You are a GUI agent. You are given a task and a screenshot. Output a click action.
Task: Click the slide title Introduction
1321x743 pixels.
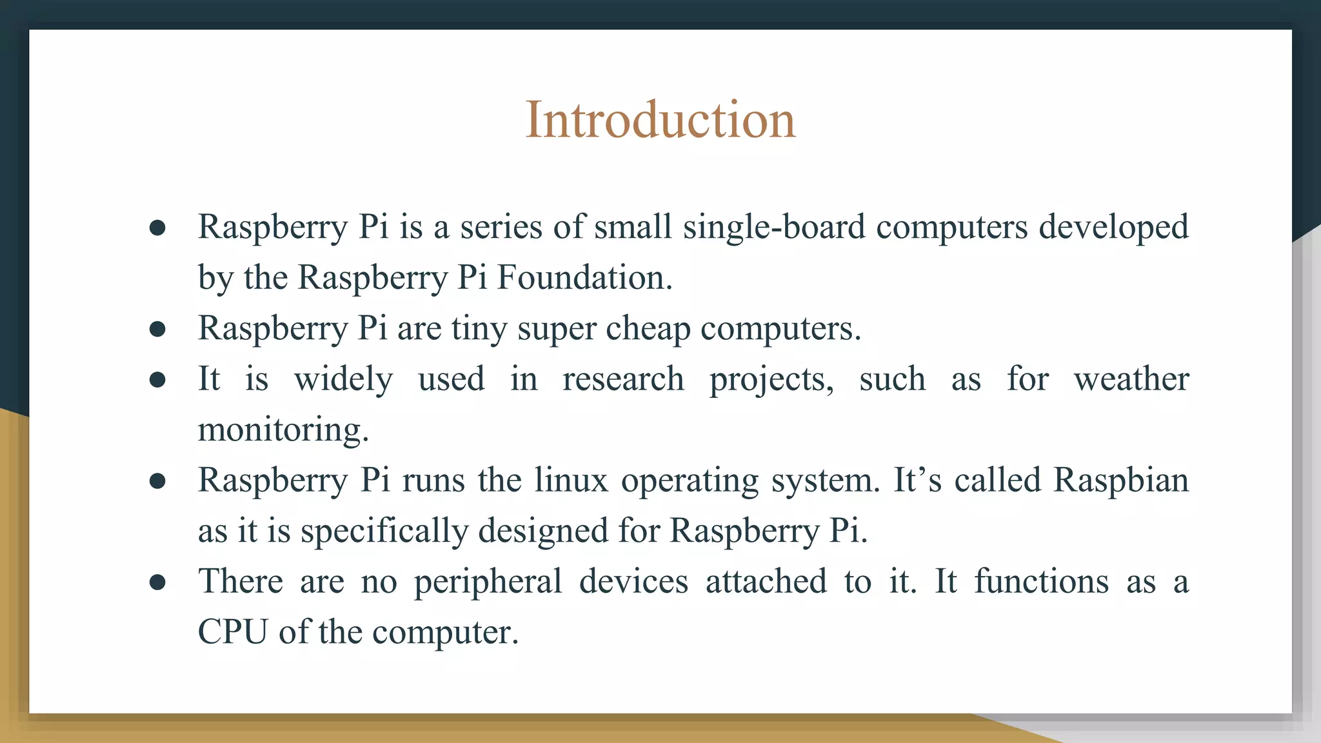point(660,120)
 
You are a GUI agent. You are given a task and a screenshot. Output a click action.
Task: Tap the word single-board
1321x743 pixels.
point(774,227)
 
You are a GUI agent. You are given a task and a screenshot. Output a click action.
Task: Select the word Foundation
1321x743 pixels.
point(584,278)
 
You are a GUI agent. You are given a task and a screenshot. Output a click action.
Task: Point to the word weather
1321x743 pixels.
point(1131,379)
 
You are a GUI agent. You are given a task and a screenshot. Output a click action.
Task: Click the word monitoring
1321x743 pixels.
point(283,430)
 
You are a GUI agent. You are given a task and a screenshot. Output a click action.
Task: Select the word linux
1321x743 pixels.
point(571,480)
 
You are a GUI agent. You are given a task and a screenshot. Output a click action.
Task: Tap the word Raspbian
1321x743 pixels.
point(1120,480)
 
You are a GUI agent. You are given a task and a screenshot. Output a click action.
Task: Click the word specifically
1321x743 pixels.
point(384,531)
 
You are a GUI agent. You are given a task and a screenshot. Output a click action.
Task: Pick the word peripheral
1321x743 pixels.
point(488,581)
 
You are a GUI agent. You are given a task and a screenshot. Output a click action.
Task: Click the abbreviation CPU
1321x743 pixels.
point(232,631)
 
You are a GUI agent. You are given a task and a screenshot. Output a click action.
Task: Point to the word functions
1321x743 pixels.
point(1041,581)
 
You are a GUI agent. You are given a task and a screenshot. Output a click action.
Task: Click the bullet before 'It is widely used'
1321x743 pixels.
point(157,379)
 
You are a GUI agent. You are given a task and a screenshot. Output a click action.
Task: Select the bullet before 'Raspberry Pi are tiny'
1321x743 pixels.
point(157,329)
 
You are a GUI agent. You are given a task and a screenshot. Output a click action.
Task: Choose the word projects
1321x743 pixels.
point(771,380)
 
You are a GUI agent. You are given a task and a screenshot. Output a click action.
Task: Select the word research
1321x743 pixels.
point(623,379)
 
